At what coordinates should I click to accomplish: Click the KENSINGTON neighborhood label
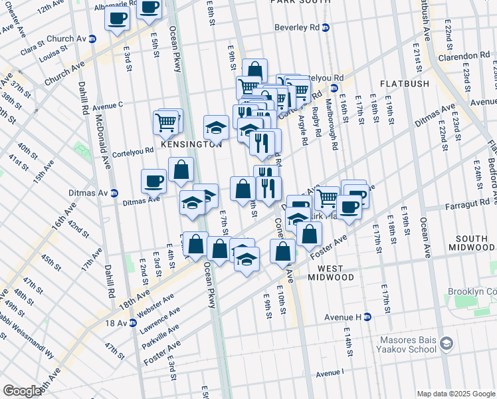click(190, 144)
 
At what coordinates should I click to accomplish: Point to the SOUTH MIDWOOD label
click(472, 244)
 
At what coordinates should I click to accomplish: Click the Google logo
click(21, 391)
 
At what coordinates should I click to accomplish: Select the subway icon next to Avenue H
click(366, 317)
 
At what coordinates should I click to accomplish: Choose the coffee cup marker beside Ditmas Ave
click(153, 180)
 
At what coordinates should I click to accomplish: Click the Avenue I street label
click(330, 374)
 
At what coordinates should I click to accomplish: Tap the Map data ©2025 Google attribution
click(455, 393)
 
